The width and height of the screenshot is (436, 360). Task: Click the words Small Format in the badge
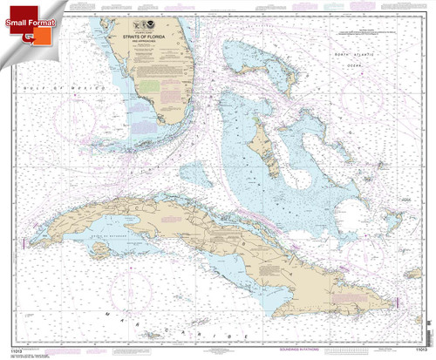click(x=36, y=12)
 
